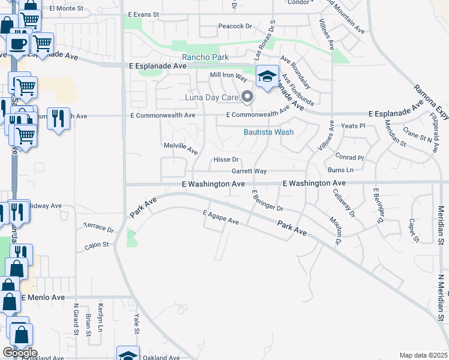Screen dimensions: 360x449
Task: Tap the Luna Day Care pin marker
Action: [247, 97]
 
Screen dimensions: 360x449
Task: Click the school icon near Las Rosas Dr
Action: [267, 76]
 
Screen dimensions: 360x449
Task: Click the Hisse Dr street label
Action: [227, 160]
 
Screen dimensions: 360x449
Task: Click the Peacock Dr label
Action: [235, 26]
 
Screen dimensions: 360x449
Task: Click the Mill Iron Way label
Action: [229, 76]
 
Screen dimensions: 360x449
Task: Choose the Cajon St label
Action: [96, 245]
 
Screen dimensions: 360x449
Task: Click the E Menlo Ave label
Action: [43, 297]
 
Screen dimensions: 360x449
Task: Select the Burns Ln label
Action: [340, 170]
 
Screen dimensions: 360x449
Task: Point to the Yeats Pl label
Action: [354, 126]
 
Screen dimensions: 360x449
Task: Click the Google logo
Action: [20, 353]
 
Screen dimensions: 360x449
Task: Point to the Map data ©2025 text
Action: [423, 355]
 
